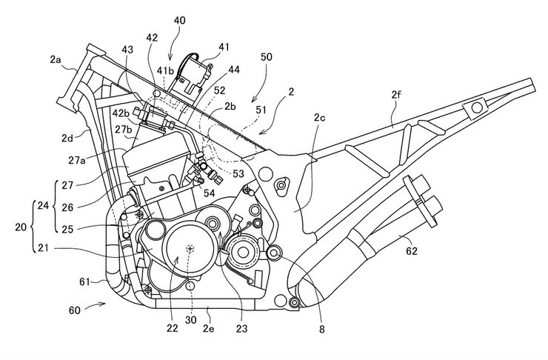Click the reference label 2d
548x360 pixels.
pyautogui.click(x=70, y=137)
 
